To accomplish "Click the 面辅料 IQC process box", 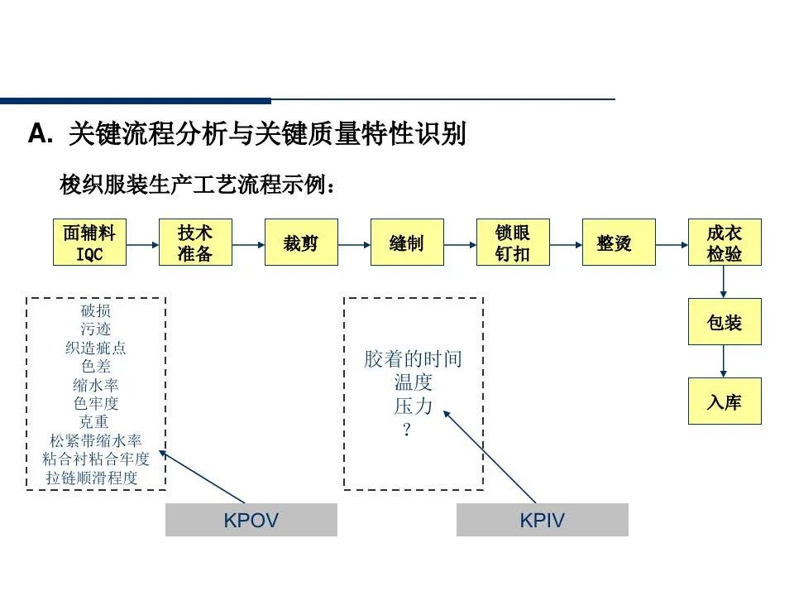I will pos(89,243).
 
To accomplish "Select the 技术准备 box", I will pos(195,243).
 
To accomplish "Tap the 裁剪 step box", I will pos(301,243).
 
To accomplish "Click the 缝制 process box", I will pos(407,243).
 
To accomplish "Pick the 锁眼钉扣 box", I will pos(513,243).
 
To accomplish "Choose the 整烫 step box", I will pos(619,243).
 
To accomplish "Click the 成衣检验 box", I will pos(725,243).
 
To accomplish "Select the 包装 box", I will pos(725,322).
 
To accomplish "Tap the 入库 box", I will pos(725,401).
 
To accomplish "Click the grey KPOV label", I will pos(251,520).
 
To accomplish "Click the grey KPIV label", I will pos(543,520).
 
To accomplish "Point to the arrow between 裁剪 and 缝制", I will pos(354,244).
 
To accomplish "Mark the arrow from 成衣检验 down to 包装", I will pos(725,282).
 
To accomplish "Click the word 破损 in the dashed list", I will pos(96,311).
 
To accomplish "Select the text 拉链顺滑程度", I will pos(92,478).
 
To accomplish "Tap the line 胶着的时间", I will pos(414,359).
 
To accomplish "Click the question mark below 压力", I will pos(406,430).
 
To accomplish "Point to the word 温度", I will pos(414,382).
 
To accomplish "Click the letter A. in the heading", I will pos(40,135).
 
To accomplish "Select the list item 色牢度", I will pos(96,404).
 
